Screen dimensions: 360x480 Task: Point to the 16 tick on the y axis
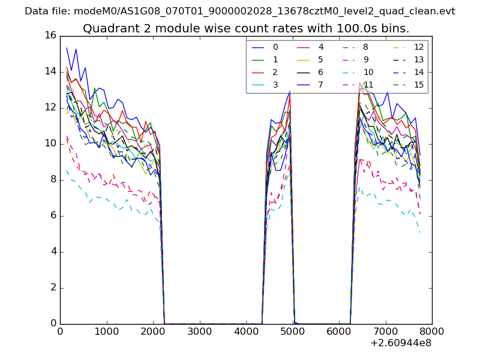point(50,36)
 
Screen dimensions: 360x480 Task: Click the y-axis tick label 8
point(53,179)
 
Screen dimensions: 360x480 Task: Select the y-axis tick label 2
point(53,287)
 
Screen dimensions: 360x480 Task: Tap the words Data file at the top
point(45,11)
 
